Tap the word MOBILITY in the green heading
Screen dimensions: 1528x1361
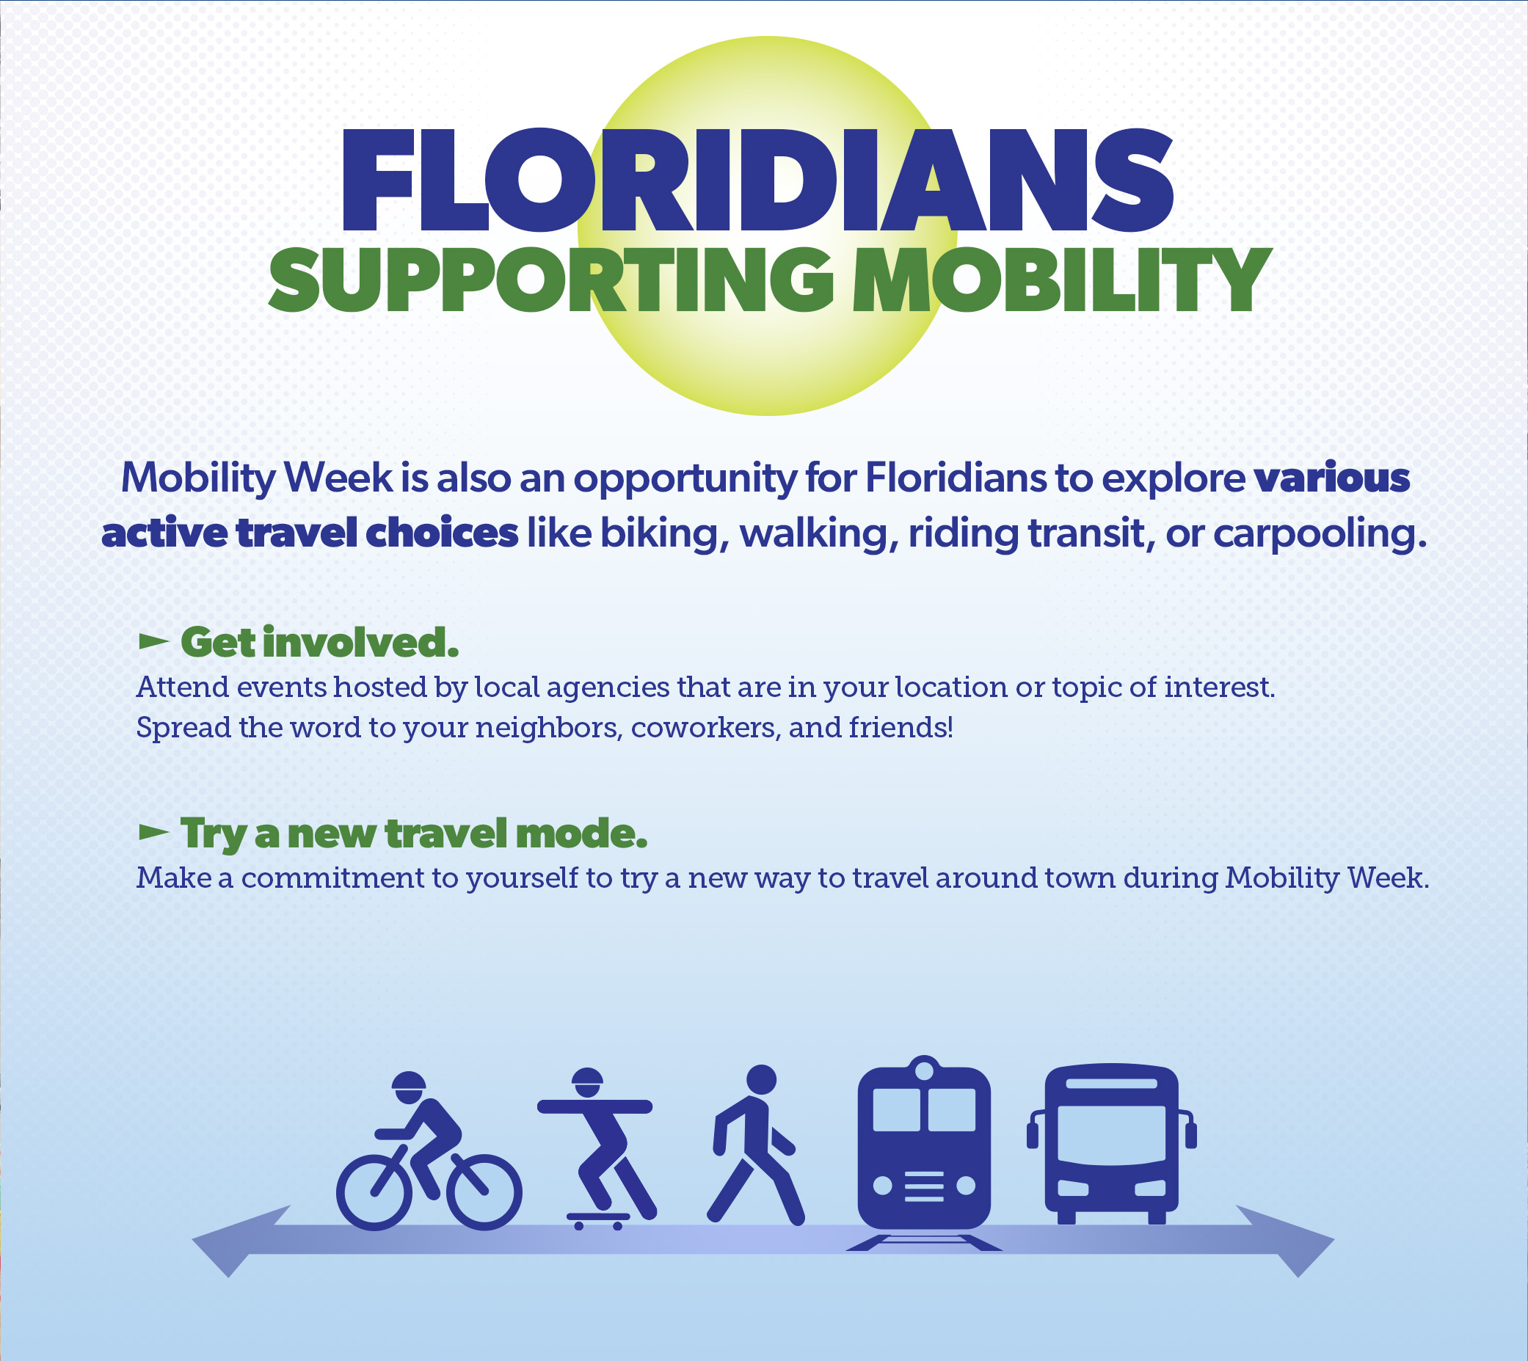(1062, 280)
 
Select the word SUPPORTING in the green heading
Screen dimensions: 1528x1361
(551, 280)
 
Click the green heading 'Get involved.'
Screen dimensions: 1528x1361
(319, 643)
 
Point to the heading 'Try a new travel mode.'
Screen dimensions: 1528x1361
(414, 833)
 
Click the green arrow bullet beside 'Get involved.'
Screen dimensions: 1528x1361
(154, 641)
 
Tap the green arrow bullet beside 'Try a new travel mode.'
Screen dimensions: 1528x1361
(154, 831)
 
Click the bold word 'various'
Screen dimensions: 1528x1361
(1332, 478)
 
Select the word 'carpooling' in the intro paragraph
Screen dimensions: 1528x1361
(1314, 534)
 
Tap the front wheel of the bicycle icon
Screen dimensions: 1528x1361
(484, 1193)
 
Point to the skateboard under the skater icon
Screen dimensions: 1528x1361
(598, 1221)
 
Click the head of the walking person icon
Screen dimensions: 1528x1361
(761, 1080)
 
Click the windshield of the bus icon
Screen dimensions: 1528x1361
(1111, 1134)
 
